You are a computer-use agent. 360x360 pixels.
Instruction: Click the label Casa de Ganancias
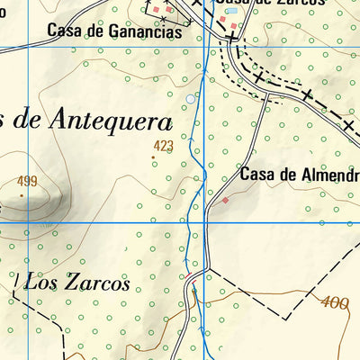(x=113, y=32)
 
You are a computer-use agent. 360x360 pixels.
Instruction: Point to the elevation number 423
(x=163, y=145)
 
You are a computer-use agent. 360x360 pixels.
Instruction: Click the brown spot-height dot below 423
(x=153, y=158)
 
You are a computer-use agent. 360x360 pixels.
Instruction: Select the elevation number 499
(x=27, y=181)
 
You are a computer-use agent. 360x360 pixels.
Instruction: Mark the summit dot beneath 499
(x=22, y=193)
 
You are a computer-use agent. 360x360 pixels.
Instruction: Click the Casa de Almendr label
(x=300, y=175)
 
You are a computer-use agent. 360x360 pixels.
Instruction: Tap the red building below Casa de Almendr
(x=225, y=201)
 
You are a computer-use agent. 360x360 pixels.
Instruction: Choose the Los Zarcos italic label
(x=77, y=282)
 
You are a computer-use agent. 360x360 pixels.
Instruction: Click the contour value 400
(x=334, y=303)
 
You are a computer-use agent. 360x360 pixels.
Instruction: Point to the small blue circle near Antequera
(x=189, y=98)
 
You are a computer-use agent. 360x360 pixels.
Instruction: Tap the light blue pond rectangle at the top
(x=232, y=11)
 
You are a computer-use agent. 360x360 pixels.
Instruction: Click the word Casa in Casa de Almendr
(x=257, y=175)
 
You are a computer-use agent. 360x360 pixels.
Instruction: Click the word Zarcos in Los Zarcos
(x=95, y=282)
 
